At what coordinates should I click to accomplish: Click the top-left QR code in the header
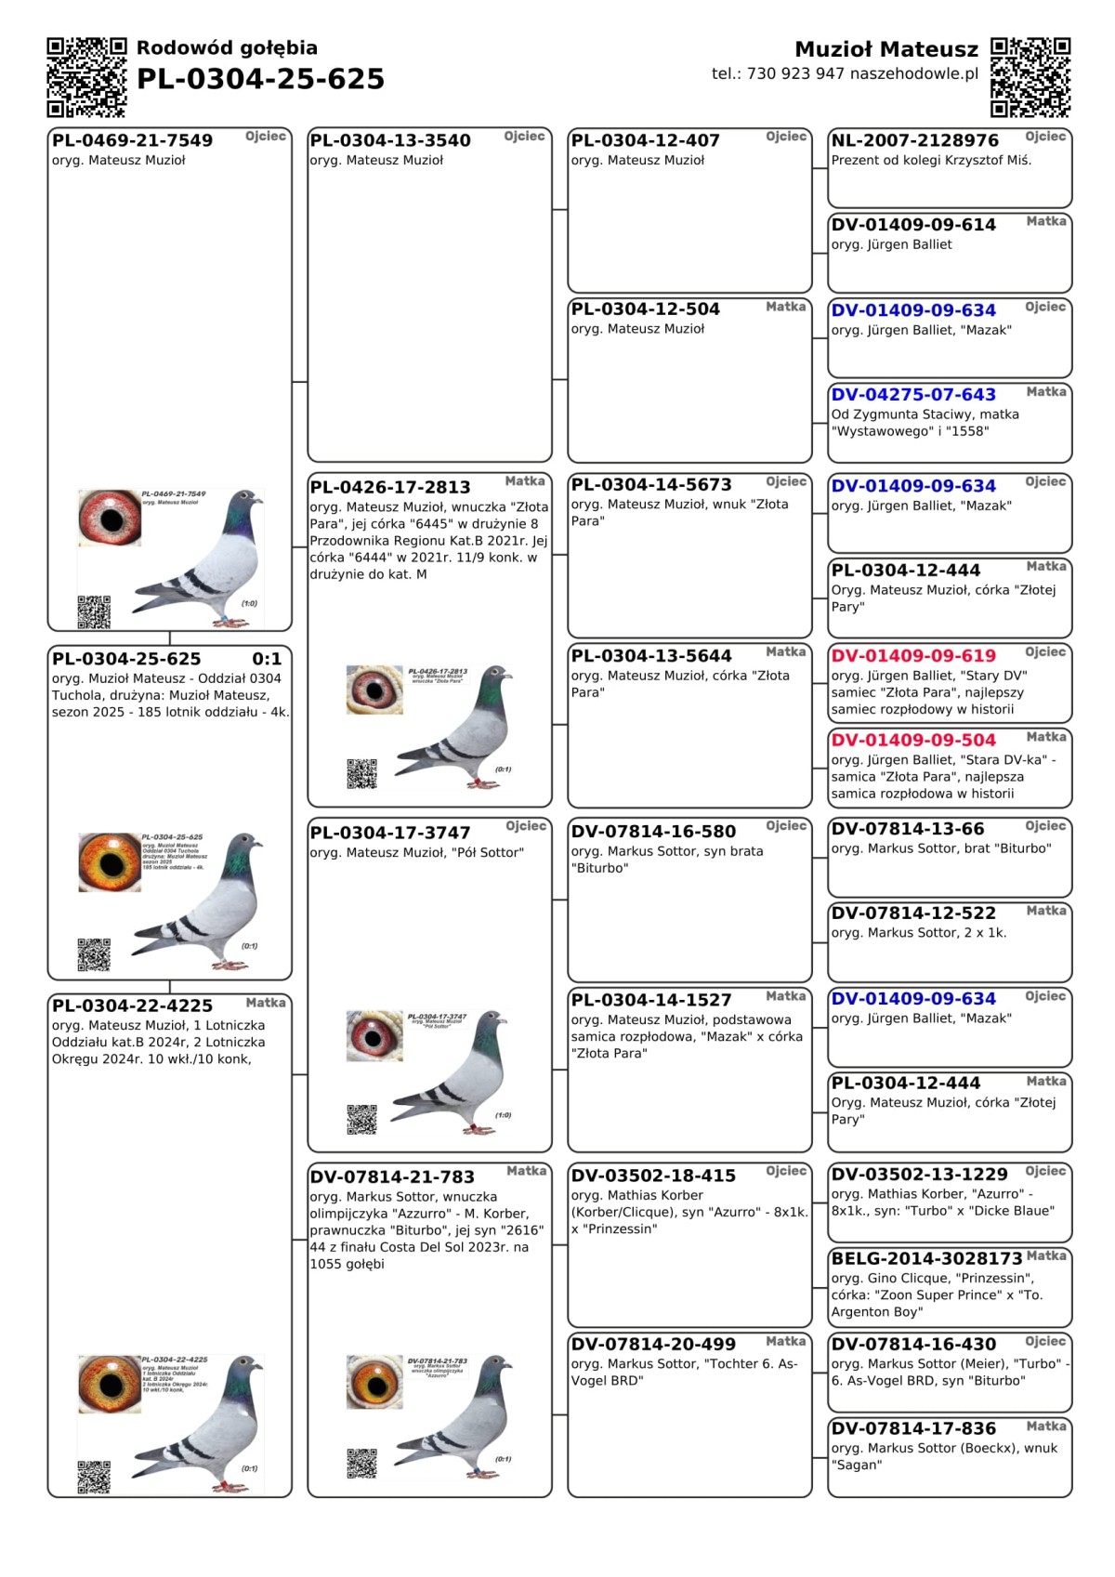(x=86, y=77)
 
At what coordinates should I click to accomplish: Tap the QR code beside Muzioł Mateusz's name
(x=1030, y=77)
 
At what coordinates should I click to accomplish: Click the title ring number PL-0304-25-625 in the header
(x=260, y=80)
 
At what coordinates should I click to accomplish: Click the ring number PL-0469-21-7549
(x=132, y=140)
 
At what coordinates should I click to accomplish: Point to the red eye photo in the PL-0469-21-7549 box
(x=110, y=518)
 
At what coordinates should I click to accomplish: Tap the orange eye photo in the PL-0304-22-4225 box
(x=110, y=1384)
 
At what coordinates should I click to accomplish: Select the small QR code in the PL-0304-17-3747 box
(x=361, y=1120)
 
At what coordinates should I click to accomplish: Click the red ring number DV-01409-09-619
(x=912, y=656)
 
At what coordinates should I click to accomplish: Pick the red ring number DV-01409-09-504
(x=912, y=741)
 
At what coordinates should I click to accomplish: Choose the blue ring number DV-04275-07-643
(x=912, y=395)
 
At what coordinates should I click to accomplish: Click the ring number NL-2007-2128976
(x=914, y=140)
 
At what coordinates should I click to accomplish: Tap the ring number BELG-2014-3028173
(x=926, y=1259)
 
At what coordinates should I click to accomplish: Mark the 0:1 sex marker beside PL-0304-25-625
(x=267, y=659)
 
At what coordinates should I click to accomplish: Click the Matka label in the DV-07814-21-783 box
(x=526, y=1171)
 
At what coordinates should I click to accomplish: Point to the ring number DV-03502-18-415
(x=653, y=1176)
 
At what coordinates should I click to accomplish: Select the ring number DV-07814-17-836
(x=912, y=1429)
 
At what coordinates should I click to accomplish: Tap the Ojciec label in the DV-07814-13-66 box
(x=1045, y=826)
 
